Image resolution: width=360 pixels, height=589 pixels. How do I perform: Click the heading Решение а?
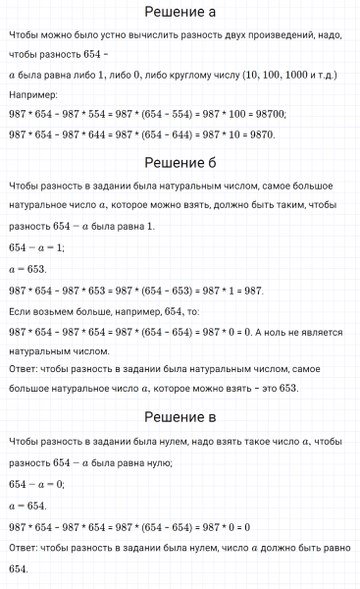(180, 13)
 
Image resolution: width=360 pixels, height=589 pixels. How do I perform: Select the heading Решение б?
(180, 162)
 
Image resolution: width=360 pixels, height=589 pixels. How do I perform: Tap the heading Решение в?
(180, 418)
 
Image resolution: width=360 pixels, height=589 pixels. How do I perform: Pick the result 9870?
(259, 134)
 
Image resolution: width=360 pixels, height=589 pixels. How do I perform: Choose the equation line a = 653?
(26, 268)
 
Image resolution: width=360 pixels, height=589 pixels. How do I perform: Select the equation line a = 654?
(26, 505)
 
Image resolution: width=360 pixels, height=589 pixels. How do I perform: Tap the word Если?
(20, 310)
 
